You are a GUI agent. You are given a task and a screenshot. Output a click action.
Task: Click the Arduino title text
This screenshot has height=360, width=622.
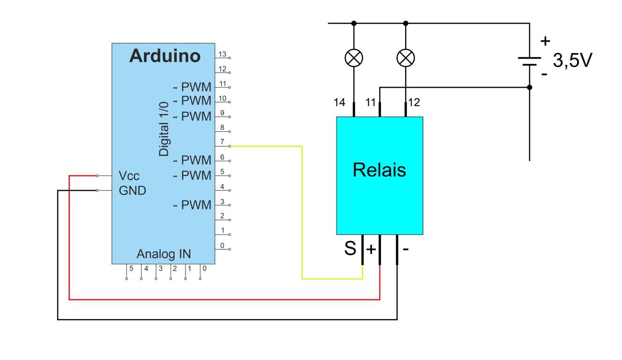point(164,56)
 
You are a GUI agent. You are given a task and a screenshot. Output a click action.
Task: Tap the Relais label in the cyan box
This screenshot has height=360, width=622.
point(379,170)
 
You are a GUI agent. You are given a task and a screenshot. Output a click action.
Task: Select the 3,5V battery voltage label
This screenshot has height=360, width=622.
point(572,60)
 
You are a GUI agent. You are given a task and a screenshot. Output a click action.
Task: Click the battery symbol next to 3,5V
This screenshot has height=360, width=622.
point(530,61)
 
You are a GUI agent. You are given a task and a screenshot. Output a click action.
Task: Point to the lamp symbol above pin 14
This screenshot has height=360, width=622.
point(354,58)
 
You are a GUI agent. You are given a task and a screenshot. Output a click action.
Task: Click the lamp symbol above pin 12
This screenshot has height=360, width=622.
point(406,58)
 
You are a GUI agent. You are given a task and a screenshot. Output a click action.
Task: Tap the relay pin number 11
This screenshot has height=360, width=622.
point(370,102)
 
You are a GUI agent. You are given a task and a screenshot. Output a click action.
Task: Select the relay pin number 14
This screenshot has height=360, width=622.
point(340,102)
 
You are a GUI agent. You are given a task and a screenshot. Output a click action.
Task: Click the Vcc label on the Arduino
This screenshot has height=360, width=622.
point(129,176)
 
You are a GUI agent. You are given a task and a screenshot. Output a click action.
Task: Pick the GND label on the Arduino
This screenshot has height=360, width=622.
point(132,191)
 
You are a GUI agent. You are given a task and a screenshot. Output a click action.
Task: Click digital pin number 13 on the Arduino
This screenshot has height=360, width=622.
point(222,54)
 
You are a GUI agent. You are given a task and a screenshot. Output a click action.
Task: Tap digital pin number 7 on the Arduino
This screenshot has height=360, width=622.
point(222,142)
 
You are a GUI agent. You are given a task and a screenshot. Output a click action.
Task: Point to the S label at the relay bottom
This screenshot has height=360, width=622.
point(350,248)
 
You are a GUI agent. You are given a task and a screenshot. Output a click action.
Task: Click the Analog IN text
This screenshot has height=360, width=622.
point(163,254)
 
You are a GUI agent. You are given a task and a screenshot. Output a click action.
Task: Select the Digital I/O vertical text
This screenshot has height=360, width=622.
point(164,129)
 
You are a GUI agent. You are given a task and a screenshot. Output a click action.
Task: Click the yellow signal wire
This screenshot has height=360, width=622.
point(302,211)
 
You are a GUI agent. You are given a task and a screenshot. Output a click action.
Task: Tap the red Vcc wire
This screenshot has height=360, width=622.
point(225,299)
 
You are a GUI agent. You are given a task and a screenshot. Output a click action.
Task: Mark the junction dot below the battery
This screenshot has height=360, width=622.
point(530,87)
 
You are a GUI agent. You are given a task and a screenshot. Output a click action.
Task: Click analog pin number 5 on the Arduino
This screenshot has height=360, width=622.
point(131,269)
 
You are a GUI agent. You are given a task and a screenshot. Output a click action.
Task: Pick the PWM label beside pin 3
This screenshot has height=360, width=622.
point(196,205)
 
